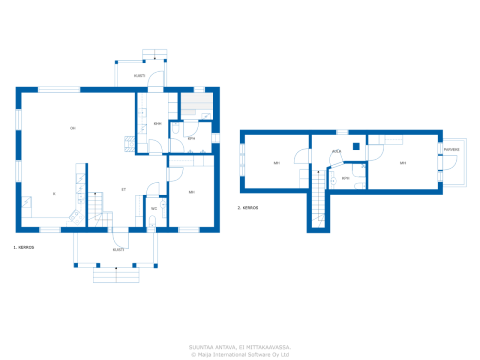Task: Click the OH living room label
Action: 73,128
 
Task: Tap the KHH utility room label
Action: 157,124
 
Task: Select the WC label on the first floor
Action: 154,209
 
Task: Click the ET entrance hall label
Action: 123,189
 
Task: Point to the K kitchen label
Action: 54,193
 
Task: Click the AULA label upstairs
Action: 336,151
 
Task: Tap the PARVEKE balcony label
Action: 451,150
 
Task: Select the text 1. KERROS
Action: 24,247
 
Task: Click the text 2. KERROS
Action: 248,208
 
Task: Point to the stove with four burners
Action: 77,217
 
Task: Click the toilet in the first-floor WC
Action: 152,221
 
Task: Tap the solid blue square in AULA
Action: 356,146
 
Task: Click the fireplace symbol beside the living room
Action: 130,144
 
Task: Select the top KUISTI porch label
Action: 139,76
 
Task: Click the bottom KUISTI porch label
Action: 118,250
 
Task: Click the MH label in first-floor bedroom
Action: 192,192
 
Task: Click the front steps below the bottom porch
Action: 116,275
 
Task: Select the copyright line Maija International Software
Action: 240,354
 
